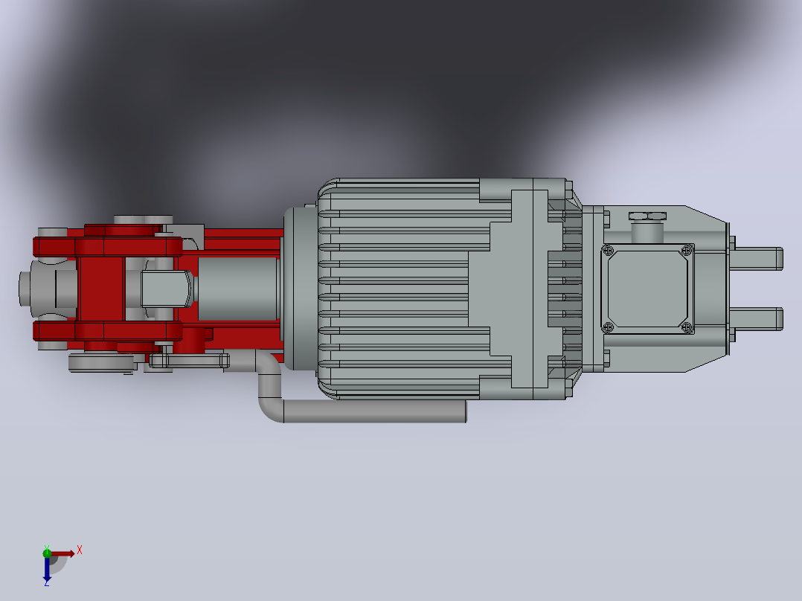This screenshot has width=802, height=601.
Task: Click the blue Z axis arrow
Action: pyautogui.click(x=47, y=567)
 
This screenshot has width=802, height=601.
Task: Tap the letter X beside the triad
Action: pyautogui.click(x=80, y=550)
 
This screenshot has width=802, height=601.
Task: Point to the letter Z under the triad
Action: pyautogui.click(x=47, y=582)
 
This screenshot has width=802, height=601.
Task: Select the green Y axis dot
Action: pyautogui.click(x=47, y=553)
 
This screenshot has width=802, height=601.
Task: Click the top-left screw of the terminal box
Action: pyautogui.click(x=608, y=251)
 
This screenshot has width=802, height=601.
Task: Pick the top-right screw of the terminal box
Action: pyautogui.click(x=687, y=250)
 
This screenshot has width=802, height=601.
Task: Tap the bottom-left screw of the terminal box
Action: pyautogui.click(x=608, y=327)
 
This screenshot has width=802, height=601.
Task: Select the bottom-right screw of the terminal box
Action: pyautogui.click(x=687, y=327)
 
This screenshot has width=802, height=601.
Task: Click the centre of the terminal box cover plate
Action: pyautogui.click(x=647, y=289)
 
